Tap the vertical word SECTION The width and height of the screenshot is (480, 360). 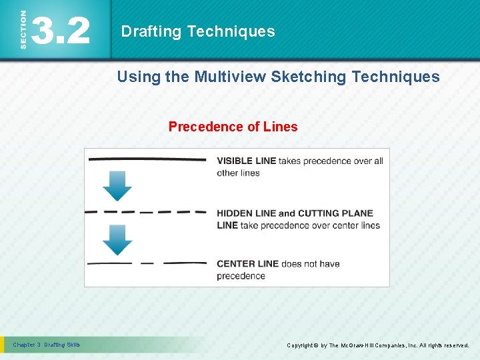[23, 30]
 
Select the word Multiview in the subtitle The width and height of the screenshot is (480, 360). [230, 77]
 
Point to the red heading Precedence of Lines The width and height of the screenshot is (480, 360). [233, 127]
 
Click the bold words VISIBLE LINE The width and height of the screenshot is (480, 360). [246, 161]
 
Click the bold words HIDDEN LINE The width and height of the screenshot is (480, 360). [246, 213]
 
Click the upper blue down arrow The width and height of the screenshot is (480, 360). [117, 186]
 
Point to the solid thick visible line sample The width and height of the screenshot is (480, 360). [147, 160]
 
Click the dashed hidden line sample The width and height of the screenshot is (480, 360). [147, 213]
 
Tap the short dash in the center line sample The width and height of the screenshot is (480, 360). [147, 263]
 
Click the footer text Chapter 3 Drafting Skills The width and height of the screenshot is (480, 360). [47, 345]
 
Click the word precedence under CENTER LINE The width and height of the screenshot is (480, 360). [241, 276]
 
